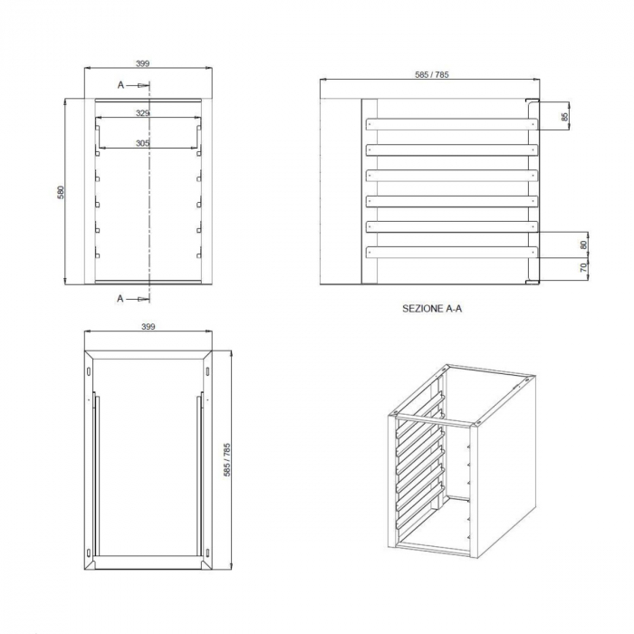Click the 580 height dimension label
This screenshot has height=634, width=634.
click(x=61, y=192)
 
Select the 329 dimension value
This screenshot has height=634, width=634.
click(x=142, y=113)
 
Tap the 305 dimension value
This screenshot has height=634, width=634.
click(x=142, y=143)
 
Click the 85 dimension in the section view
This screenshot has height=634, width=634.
click(x=564, y=117)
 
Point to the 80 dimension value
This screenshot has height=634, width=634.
click(x=583, y=245)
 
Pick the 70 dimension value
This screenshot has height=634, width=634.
click(x=583, y=267)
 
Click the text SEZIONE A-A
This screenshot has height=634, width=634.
click(x=432, y=309)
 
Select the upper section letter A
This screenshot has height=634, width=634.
click(x=120, y=85)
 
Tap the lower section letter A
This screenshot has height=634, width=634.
click(x=120, y=299)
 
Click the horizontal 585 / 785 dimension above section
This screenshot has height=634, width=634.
click(x=432, y=74)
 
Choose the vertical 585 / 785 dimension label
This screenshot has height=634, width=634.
click(x=226, y=460)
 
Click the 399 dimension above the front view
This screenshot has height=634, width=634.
click(x=142, y=63)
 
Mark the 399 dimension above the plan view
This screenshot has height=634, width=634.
click(x=149, y=327)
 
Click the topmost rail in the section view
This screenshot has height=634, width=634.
click(x=452, y=124)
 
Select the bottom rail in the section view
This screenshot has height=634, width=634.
click(x=452, y=253)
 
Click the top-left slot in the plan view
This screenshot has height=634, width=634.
click(x=89, y=371)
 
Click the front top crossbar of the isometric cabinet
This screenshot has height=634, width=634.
click(x=434, y=419)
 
